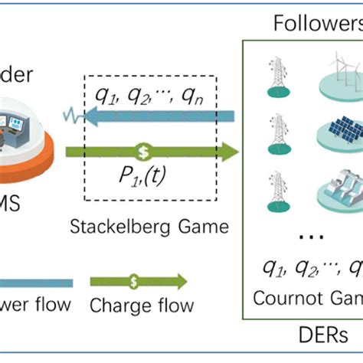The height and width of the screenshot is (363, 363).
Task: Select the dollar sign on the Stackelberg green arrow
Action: click(x=141, y=151)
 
